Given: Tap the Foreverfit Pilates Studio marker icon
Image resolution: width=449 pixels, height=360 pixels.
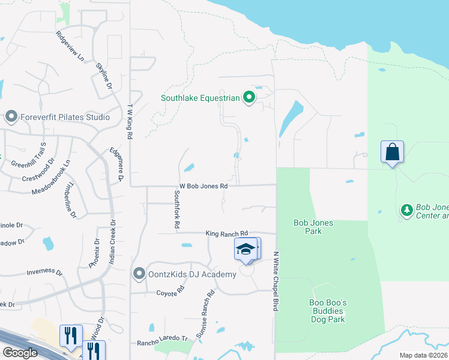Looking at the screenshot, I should [11, 116].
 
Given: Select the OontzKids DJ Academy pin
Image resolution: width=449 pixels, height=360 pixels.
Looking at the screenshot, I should [140, 274].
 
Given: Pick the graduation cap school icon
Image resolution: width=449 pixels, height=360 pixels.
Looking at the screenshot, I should [246, 249].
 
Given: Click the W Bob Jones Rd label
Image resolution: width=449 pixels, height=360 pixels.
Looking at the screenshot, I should [203, 187].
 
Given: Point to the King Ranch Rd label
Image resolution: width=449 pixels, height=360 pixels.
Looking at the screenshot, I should [226, 233].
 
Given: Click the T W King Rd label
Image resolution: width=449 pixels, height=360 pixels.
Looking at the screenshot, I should [129, 122].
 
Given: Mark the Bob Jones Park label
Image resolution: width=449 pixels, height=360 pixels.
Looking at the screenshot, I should [313, 227].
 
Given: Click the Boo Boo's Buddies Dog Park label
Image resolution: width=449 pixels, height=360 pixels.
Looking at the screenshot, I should [328, 311].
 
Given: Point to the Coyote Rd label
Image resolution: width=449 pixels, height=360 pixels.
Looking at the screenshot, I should [170, 293].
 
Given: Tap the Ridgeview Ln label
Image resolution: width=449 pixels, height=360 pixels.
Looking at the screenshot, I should [70, 45].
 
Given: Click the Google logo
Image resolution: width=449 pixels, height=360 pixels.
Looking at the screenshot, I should [20, 353].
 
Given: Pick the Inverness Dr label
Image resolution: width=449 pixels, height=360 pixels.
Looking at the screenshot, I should [44, 272].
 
